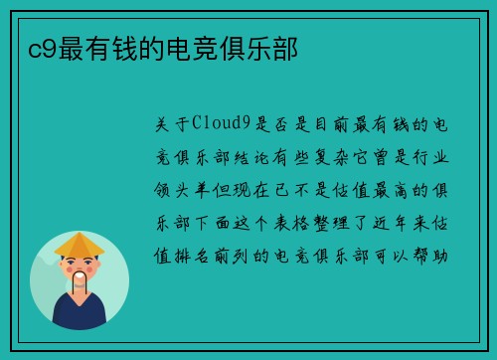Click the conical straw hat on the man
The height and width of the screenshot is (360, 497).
pos(80,244)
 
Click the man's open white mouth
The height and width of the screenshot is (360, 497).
pos(80,278)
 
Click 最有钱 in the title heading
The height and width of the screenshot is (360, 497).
pos(84,47)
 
